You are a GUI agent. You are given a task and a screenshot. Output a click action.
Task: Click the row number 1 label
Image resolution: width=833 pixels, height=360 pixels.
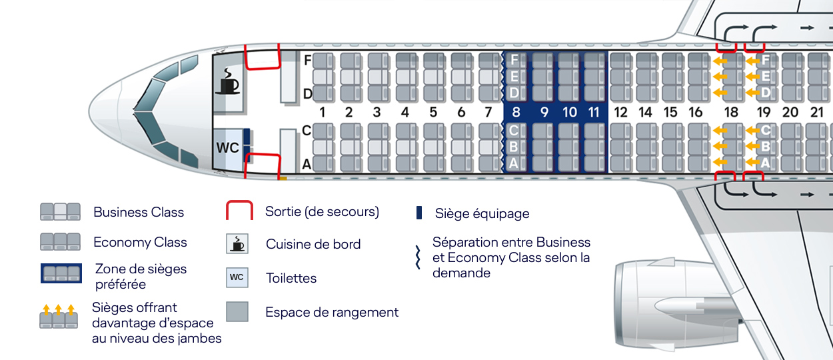[x=323, y=113]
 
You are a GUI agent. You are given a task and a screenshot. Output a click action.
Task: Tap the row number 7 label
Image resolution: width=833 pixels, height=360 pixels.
[x=488, y=113]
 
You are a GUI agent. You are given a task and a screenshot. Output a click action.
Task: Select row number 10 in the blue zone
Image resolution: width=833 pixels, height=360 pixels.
[x=569, y=113]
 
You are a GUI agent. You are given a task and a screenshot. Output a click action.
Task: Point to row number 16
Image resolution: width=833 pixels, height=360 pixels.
[x=696, y=113]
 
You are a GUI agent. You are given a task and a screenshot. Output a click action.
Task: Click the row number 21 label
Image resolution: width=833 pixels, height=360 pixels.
[x=816, y=113]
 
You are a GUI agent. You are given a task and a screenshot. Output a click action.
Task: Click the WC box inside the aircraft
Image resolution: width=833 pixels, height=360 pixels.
[x=227, y=147]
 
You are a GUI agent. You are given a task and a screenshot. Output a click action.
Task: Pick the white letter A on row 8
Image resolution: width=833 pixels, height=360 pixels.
[x=514, y=163]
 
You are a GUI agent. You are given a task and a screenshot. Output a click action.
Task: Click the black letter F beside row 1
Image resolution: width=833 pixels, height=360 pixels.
[x=308, y=60]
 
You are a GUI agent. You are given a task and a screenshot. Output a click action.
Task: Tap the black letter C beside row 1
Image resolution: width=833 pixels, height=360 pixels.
[x=307, y=131]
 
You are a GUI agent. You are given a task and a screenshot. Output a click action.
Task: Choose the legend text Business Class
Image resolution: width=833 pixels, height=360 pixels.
[x=139, y=213]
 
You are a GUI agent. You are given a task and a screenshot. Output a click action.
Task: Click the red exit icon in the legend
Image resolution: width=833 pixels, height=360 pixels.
[x=239, y=211]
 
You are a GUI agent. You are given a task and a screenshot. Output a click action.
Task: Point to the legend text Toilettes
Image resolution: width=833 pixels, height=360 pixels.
[x=291, y=277]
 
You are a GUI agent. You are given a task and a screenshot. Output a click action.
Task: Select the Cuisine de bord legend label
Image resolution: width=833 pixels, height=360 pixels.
[x=313, y=244]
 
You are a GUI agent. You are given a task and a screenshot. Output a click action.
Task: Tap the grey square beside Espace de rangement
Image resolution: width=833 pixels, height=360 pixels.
[x=237, y=312]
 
